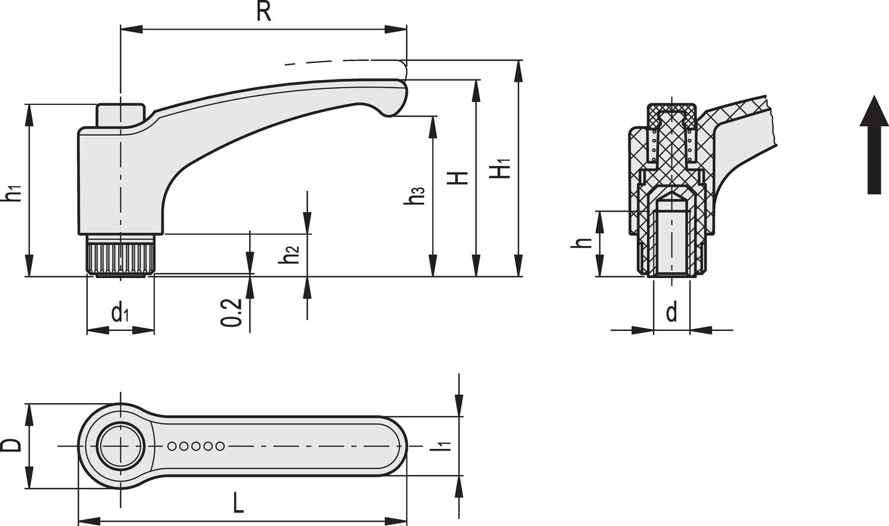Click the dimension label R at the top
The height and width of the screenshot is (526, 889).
[x=263, y=12]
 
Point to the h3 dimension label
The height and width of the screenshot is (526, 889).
[x=416, y=195]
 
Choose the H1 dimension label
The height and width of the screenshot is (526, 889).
[x=500, y=169]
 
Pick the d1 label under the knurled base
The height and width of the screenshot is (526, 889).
[x=120, y=312]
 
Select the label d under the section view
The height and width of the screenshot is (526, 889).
[x=671, y=311]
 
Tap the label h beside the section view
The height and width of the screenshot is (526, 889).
[x=583, y=243]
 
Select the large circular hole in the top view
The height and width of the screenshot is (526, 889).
[x=121, y=445]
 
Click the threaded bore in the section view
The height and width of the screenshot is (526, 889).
[x=671, y=237]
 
